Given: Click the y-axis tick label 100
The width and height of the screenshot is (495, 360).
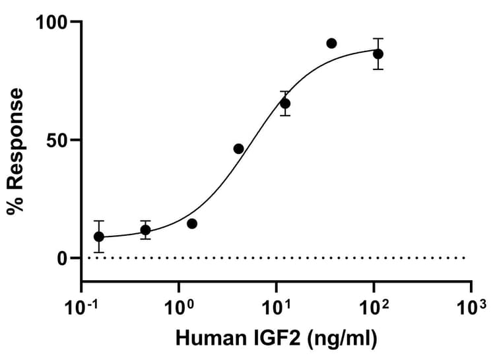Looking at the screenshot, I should pyautogui.click(x=52, y=22).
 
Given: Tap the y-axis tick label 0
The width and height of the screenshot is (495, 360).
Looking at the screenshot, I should pyautogui.click(x=63, y=258).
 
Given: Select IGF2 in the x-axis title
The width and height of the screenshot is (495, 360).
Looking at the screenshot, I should pyautogui.click(x=278, y=340).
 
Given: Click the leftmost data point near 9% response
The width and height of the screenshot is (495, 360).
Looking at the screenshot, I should pyautogui.click(x=99, y=236).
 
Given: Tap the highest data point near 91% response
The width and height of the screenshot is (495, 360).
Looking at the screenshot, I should pyautogui.click(x=331, y=43).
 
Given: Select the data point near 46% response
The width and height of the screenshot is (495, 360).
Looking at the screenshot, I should pyautogui.click(x=238, y=149).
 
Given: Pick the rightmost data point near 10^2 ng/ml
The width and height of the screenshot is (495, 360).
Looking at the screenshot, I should pyautogui.click(x=378, y=54).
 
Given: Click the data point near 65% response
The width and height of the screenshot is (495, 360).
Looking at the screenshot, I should pyautogui.click(x=285, y=103).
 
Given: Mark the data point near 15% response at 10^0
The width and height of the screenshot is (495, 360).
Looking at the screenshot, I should pyautogui.click(x=192, y=223).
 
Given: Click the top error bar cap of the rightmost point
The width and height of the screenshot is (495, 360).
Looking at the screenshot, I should pyautogui.click(x=378, y=38).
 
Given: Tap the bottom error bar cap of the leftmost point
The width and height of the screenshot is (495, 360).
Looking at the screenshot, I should pyautogui.click(x=99, y=252).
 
